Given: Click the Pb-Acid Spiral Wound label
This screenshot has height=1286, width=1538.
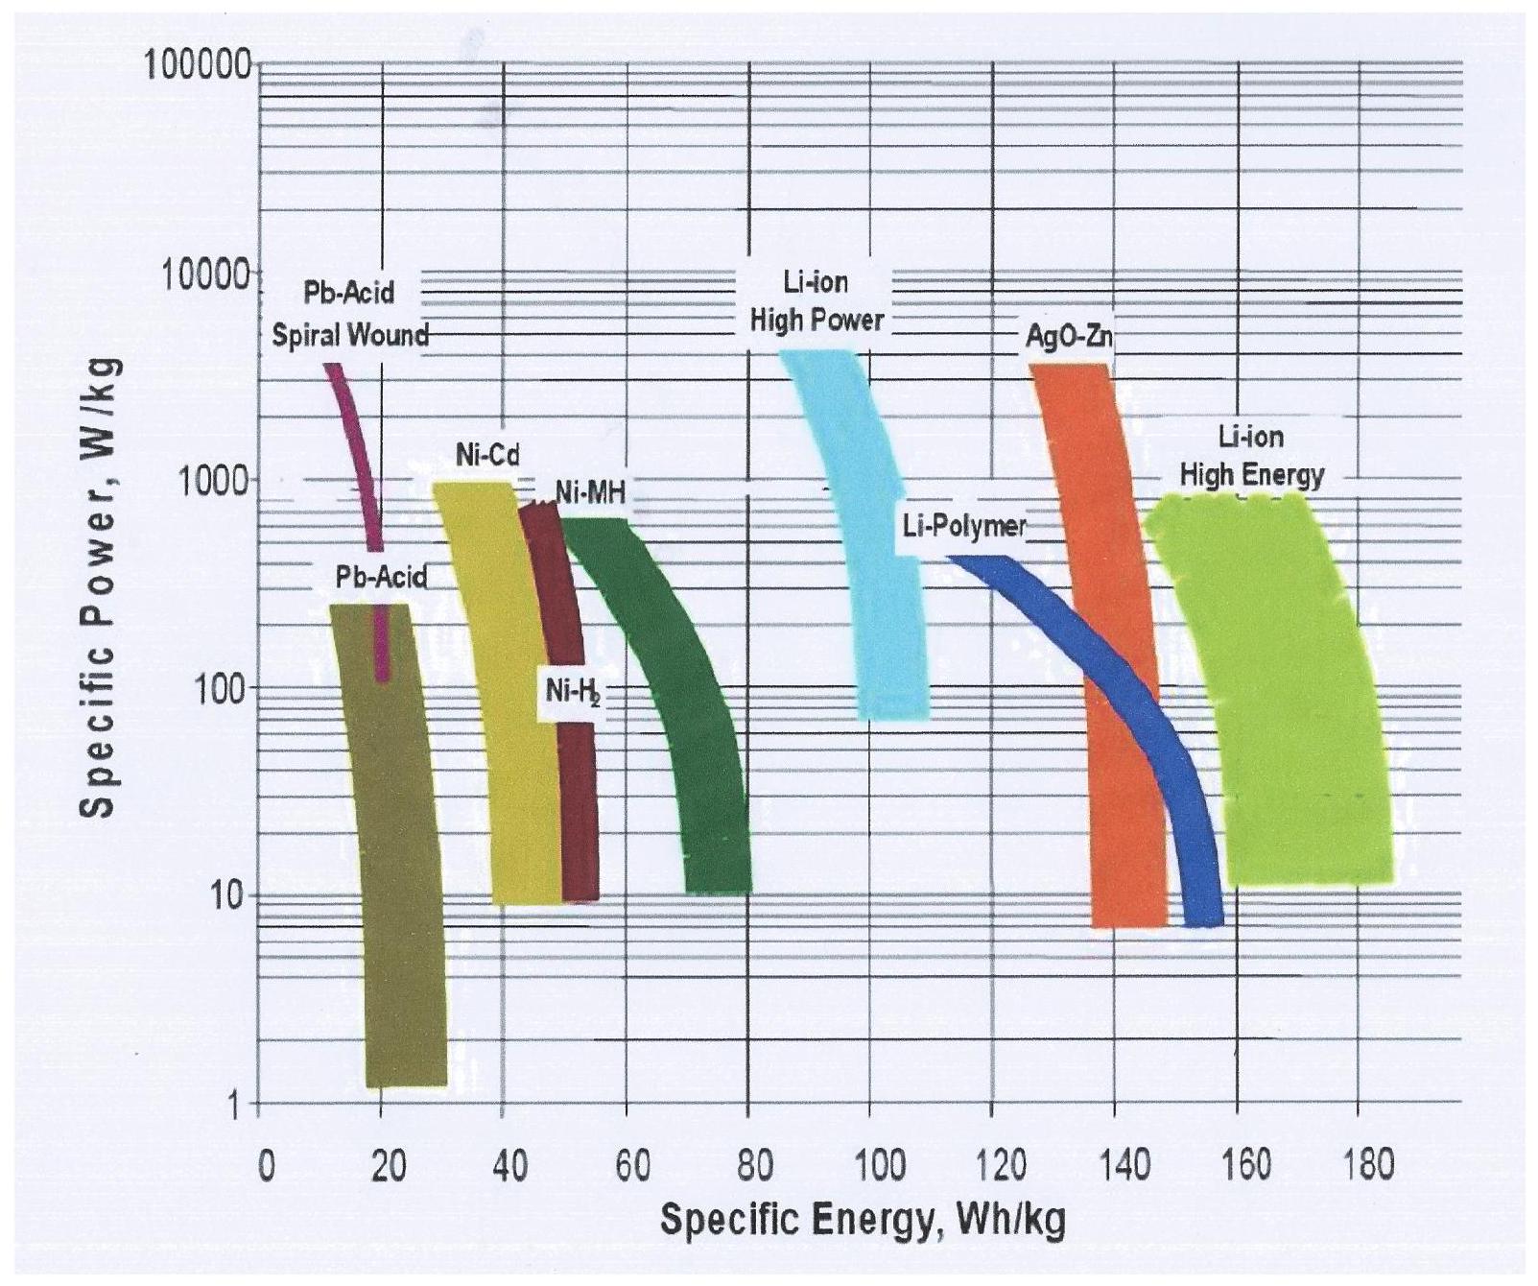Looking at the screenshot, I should [349, 314].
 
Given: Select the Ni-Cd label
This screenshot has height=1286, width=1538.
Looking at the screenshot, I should [487, 455].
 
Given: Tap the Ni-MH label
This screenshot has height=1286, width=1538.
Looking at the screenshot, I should [590, 492].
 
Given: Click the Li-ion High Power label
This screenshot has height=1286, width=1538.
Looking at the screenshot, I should [816, 301].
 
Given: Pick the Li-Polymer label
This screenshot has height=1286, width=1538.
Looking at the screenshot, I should [963, 526].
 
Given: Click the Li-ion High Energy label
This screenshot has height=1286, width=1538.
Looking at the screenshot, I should [1251, 456].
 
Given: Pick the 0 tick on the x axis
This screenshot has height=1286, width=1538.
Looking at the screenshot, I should [266, 1166].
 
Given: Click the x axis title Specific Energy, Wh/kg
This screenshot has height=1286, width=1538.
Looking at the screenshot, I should [862, 1221].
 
